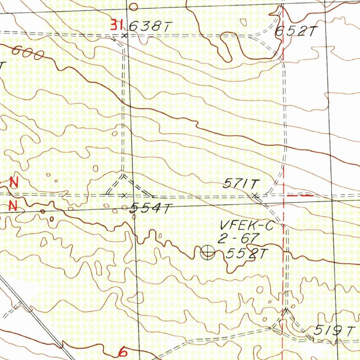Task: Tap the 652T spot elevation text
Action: (x=295, y=32)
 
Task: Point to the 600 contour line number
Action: (x=28, y=53)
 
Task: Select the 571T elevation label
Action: (x=241, y=184)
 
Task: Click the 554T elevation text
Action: (x=150, y=208)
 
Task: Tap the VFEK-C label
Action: (x=246, y=225)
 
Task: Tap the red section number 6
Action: (x=123, y=352)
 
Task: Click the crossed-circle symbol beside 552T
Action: (x=207, y=252)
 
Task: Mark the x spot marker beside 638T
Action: (x=123, y=36)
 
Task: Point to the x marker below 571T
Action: (x=255, y=195)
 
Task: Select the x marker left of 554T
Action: (x=124, y=195)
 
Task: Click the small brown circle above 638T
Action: (x=133, y=6)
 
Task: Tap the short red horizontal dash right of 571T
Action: (x=300, y=195)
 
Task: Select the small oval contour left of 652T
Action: (x=243, y=21)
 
